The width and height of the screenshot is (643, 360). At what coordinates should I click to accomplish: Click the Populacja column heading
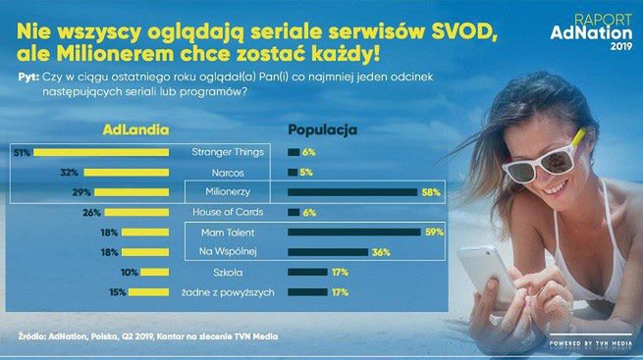coord(321,129)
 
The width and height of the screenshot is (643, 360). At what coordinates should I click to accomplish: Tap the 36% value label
coord(382,252)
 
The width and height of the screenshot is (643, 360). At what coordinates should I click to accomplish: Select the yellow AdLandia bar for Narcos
coord(141,172)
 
